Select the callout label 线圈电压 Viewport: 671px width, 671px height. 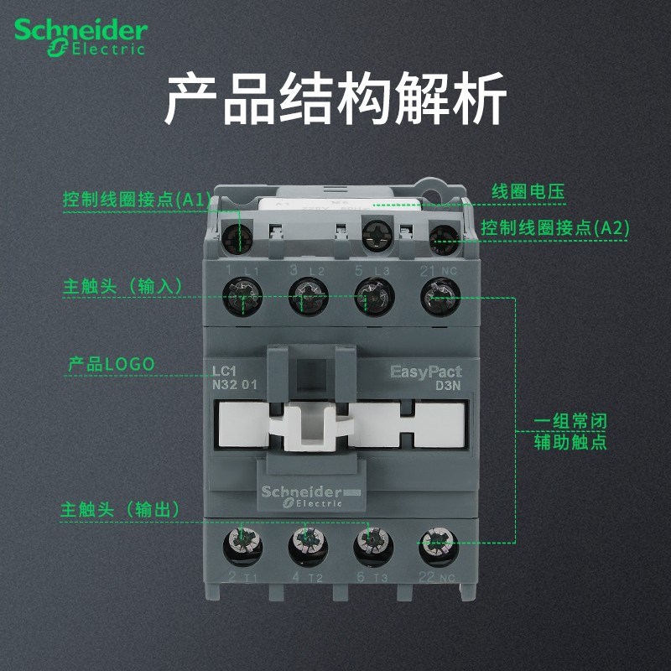[528, 191]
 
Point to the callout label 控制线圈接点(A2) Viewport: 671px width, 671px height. [554, 227]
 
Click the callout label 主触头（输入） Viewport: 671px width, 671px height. [122, 285]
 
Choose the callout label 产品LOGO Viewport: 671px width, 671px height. [112, 365]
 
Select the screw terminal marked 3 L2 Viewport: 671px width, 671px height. [306, 295]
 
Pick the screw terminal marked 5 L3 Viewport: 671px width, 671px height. [372, 295]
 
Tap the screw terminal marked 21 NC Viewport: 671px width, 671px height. [438, 295]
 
